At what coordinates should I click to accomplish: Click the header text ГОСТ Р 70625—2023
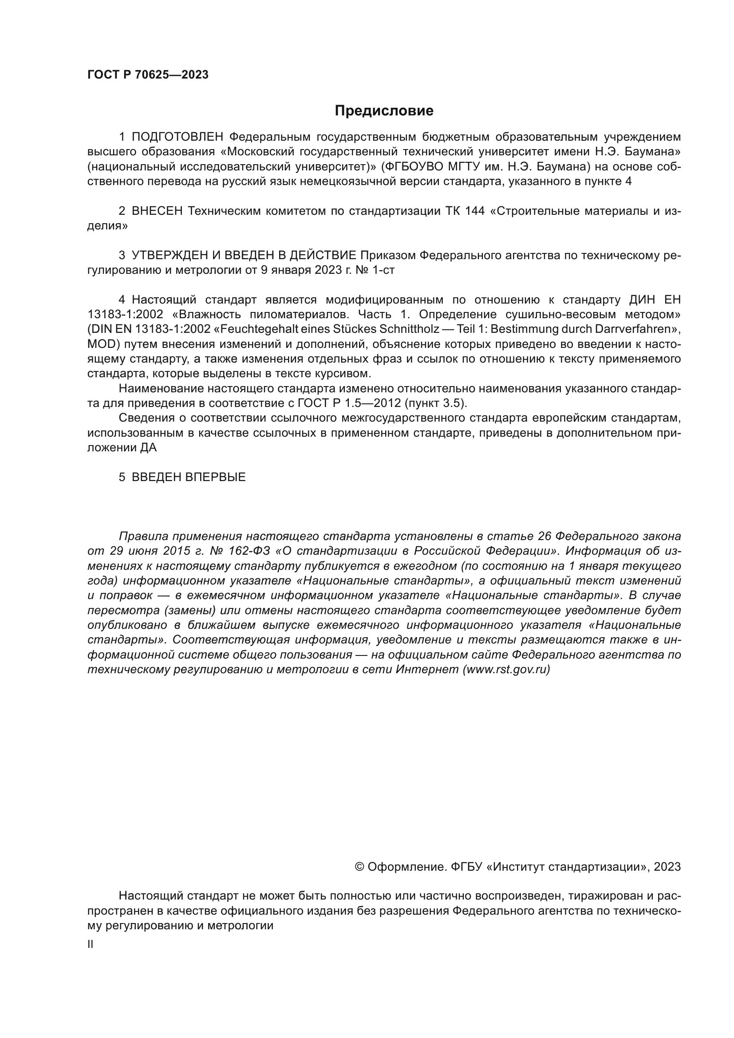pyautogui.click(x=148, y=75)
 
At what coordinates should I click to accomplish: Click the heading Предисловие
pyautogui.click(x=384, y=111)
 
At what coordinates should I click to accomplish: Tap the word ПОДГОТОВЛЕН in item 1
pyautogui.click(x=178, y=137)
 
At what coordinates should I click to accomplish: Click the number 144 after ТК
pyautogui.click(x=474, y=211)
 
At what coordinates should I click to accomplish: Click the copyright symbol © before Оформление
pyautogui.click(x=360, y=867)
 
